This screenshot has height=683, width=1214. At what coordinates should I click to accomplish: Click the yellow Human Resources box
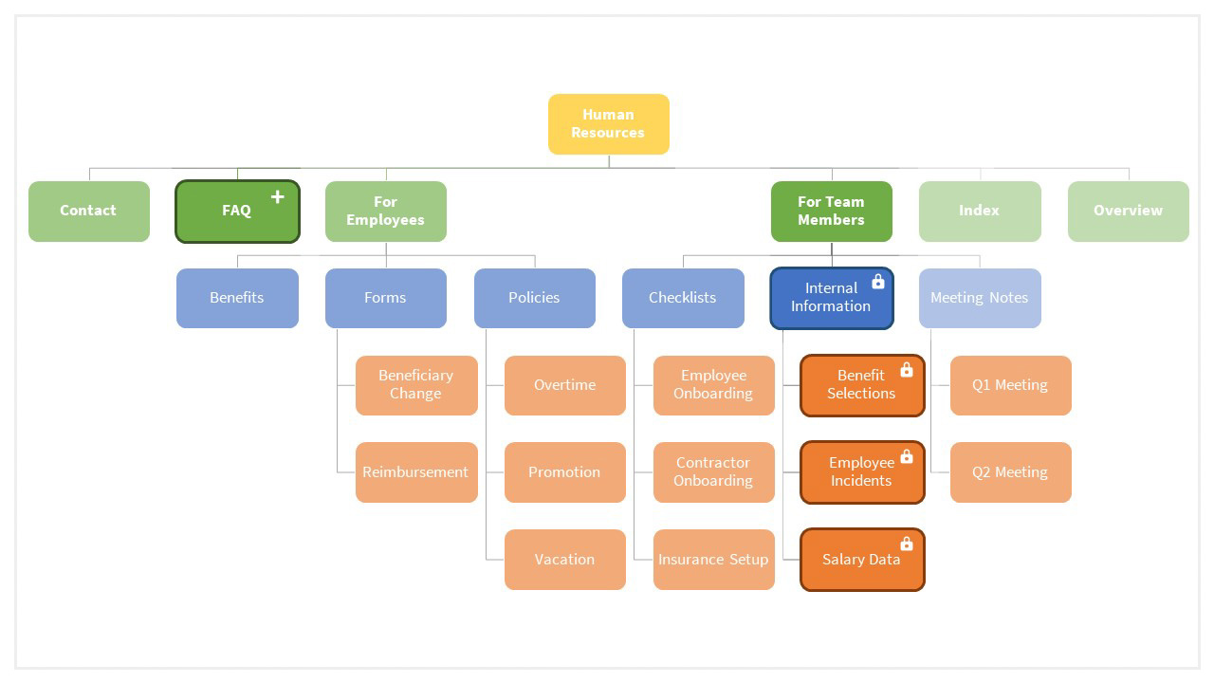pyautogui.click(x=608, y=124)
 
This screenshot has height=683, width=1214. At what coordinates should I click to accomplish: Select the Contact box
pyautogui.click(x=89, y=211)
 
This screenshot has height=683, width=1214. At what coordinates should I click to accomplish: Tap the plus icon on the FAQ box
pyautogui.click(x=277, y=197)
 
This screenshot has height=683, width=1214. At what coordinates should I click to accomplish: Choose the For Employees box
pyautogui.click(x=385, y=211)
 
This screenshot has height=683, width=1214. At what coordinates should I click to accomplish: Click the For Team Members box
pyautogui.click(x=831, y=211)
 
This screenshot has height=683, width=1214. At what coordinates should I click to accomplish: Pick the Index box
pyautogui.click(x=979, y=211)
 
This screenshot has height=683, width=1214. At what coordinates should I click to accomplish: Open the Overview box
pyautogui.click(x=1128, y=211)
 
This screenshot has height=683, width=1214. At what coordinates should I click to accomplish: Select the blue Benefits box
pyautogui.click(x=237, y=298)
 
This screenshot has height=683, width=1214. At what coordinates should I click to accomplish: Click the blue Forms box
pyautogui.click(x=385, y=298)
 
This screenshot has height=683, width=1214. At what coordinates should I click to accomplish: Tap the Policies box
pyautogui.click(x=534, y=298)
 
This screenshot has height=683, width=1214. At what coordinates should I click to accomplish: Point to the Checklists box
pyautogui.click(x=683, y=298)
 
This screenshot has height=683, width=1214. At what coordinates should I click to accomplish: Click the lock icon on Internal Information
pyautogui.click(x=877, y=282)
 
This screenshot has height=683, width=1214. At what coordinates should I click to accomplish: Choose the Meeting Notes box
pyautogui.click(x=979, y=298)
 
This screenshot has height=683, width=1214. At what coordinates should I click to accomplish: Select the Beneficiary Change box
pyautogui.click(x=415, y=385)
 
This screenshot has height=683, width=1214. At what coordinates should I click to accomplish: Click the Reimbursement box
pyautogui.click(x=415, y=472)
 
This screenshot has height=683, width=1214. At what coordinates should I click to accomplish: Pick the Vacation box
pyautogui.click(x=564, y=560)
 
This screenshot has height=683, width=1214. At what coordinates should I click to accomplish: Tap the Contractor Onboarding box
pyautogui.click(x=713, y=472)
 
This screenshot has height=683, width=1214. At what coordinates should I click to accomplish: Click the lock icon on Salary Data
pyautogui.click(x=906, y=544)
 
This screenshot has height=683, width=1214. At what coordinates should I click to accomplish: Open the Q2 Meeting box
pyautogui.click(x=1010, y=472)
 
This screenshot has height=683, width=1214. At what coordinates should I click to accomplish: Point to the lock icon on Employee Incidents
pyautogui.click(x=906, y=456)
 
